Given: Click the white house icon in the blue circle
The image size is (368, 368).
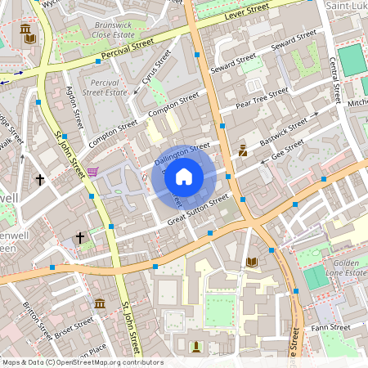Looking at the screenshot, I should pyautogui.click(x=184, y=176).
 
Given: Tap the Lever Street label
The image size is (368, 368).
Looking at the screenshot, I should pyautogui.click(x=246, y=9).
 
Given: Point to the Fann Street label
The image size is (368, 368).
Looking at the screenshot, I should pyautogui.click(x=330, y=327).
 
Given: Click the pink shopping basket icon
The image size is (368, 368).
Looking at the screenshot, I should pyautogui.click(x=93, y=172).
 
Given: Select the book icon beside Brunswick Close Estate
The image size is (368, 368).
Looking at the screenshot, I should pyautogui.click(x=29, y=34).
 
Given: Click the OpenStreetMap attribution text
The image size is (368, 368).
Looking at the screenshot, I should pyautogui.click(x=82, y=362).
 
